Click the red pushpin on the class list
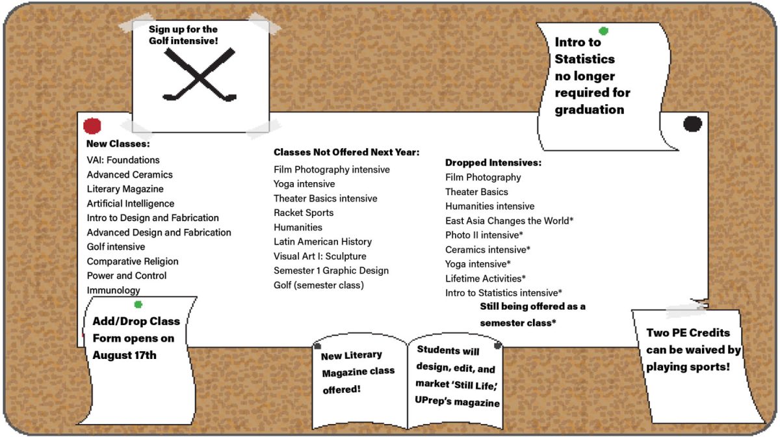click(x=92, y=126)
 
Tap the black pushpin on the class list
click(x=693, y=124)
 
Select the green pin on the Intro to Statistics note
click(x=603, y=31)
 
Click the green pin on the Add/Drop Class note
click(x=138, y=304)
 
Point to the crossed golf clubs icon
click(x=200, y=75)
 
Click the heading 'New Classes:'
click(x=118, y=144)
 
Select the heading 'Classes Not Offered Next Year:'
click(x=346, y=152)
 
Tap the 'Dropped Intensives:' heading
click(x=493, y=163)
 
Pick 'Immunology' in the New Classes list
click(x=114, y=290)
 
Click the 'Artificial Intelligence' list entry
click(x=131, y=203)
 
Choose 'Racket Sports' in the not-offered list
click(x=304, y=213)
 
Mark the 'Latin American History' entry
click(x=323, y=241)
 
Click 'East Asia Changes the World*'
click(x=510, y=220)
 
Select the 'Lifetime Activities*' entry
click(x=486, y=278)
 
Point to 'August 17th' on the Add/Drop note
click(x=124, y=355)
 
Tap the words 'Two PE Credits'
click(x=688, y=333)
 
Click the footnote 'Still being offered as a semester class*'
click(x=533, y=315)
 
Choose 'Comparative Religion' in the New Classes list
click(x=133, y=261)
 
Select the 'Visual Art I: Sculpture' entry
click(x=320, y=256)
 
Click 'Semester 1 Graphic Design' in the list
click(x=331, y=271)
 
